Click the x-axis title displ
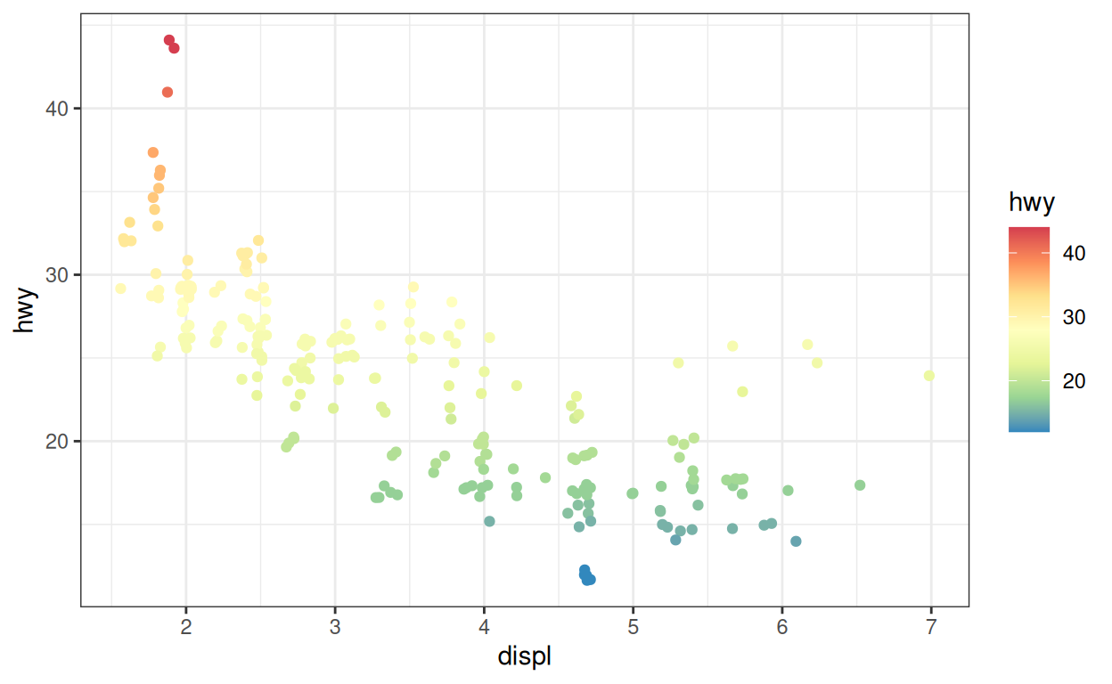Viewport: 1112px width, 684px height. click(x=524, y=657)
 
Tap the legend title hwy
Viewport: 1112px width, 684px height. click(x=1032, y=203)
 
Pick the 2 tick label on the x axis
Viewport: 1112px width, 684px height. click(x=186, y=626)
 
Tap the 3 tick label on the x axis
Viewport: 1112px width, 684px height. click(x=335, y=626)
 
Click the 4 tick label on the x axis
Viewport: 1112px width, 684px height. click(x=484, y=626)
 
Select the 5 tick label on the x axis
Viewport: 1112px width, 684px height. click(x=633, y=626)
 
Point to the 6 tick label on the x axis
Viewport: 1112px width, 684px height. click(x=781, y=626)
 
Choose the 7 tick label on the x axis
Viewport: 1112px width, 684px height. click(x=930, y=626)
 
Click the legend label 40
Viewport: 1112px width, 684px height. click(x=1074, y=253)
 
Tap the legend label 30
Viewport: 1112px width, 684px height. click(x=1074, y=317)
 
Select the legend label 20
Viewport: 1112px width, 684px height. click(x=1074, y=381)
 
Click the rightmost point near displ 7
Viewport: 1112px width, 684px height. click(x=929, y=376)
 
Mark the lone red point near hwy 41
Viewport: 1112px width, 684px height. click(x=168, y=93)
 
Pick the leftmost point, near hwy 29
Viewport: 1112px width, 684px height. click(x=120, y=289)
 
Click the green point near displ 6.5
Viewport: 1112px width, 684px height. click(x=860, y=485)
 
